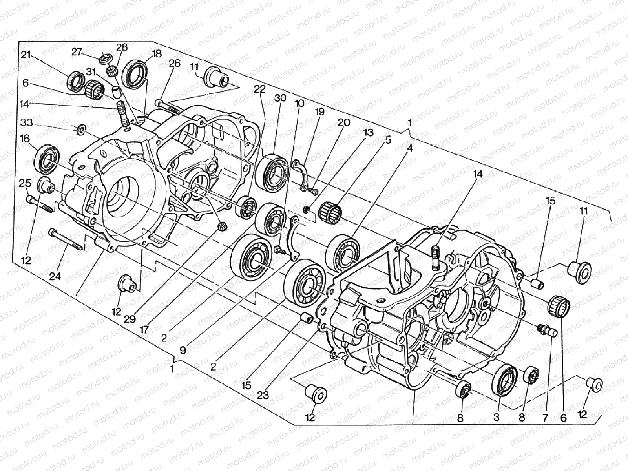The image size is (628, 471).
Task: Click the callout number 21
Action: coord(26,55)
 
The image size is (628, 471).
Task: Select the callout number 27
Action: coord(77,52)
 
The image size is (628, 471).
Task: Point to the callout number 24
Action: coord(55,276)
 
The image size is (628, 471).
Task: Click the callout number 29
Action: coord(130,319)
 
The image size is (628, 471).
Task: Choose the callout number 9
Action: coord(183,350)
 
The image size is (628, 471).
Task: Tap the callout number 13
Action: coord(369,133)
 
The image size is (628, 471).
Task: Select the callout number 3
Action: coord(497,417)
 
